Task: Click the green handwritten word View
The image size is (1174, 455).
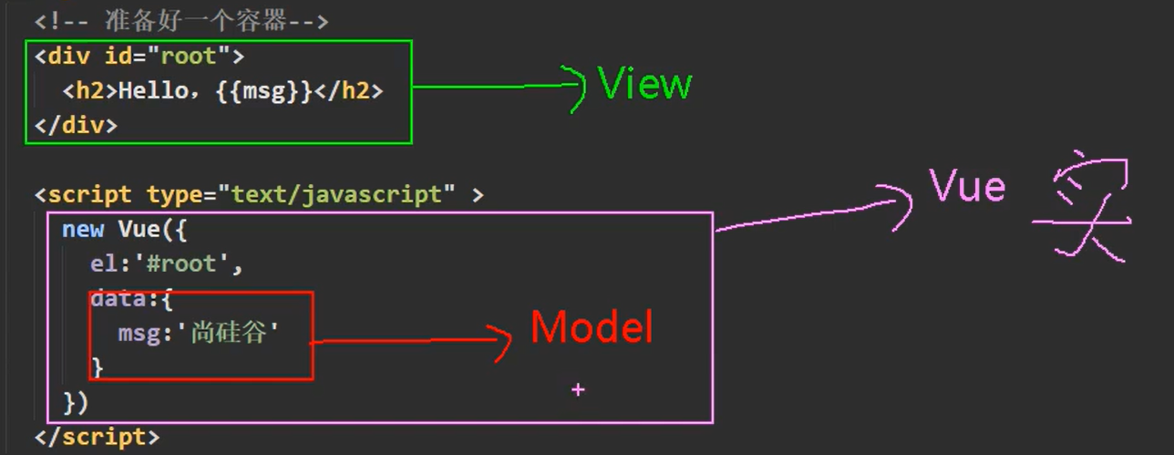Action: coord(645,85)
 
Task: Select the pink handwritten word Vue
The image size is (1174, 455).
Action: coord(968,188)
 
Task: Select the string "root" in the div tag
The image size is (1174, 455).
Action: coord(189,57)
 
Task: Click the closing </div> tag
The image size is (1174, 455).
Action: coord(77,125)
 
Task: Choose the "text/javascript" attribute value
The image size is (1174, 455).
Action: coord(343,194)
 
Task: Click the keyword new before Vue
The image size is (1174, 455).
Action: coord(83,229)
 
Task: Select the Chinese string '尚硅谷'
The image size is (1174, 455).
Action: coord(232,334)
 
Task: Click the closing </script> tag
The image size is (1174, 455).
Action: coord(98,437)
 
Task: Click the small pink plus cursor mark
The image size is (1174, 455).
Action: coord(577,389)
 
